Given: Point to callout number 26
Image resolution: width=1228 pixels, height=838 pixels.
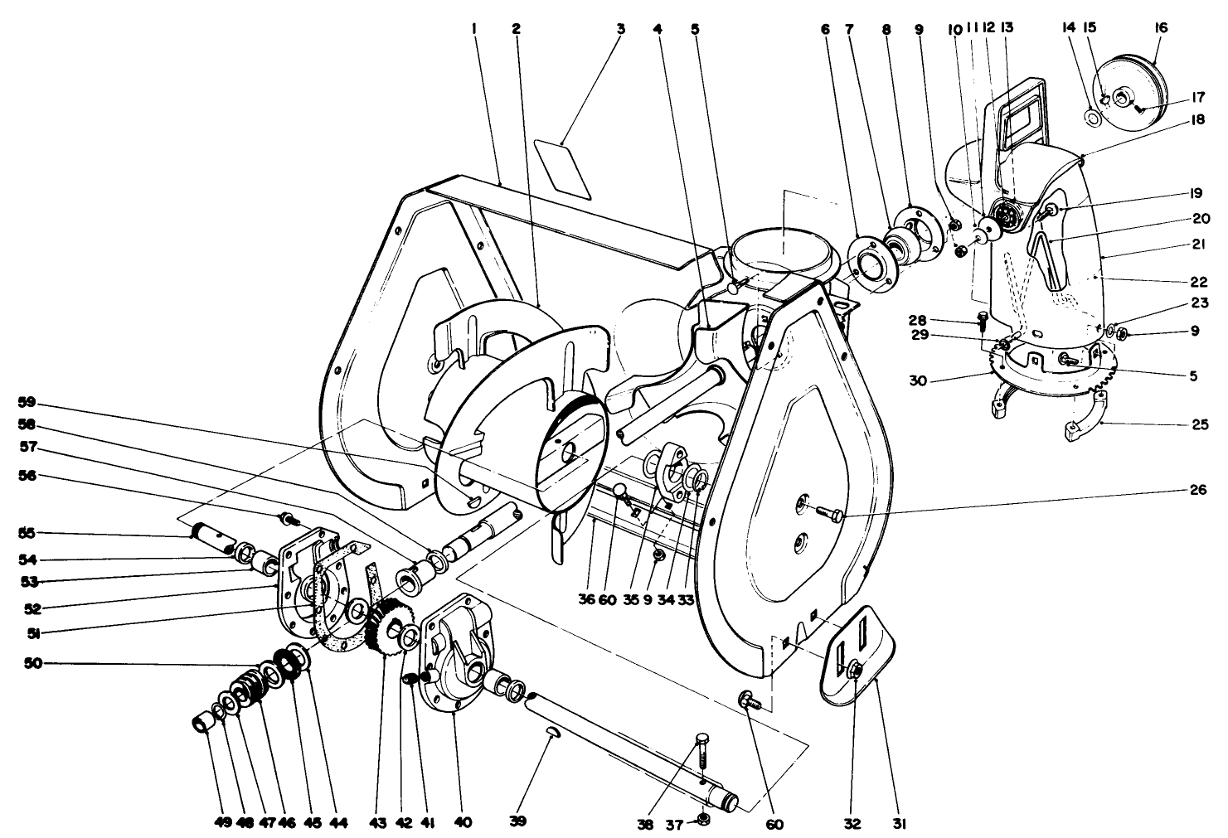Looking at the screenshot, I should pos(1196,490).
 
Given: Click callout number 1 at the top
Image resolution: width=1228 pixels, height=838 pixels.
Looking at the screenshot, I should pos(474,27).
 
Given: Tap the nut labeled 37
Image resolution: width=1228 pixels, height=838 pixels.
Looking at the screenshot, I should pos(702,818).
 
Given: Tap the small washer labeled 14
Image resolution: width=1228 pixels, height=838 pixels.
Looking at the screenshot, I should pos(1093,119).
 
